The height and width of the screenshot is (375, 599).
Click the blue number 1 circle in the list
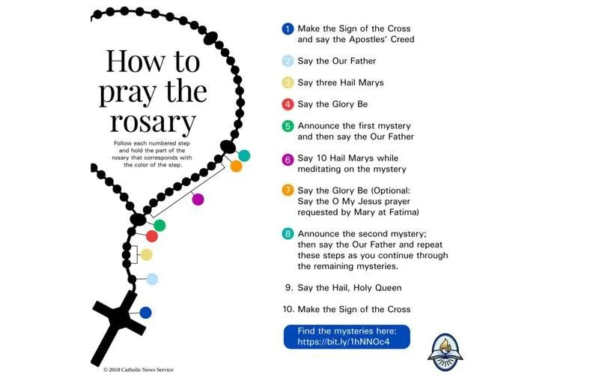click(x=287, y=29)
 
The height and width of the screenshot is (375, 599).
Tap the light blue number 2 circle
click(x=287, y=61)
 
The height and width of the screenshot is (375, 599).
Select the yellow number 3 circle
click(x=287, y=82)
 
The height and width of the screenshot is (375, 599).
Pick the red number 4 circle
click(x=287, y=104)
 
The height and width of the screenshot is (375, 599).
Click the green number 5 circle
click(x=287, y=127)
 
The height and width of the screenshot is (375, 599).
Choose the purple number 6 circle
click(x=287, y=159)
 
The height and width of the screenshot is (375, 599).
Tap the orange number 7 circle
click(x=287, y=190)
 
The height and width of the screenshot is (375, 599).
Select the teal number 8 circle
click(x=287, y=233)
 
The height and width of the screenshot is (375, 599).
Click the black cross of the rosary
click(x=117, y=322)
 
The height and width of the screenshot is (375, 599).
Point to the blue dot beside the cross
click(x=145, y=312)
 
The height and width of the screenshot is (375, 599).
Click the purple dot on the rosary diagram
click(x=198, y=199)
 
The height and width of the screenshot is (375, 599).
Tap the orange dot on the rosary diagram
click(x=236, y=166)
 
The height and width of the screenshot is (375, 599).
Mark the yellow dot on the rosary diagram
click(x=146, y=254)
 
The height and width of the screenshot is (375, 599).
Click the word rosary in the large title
click(x=153, y=121)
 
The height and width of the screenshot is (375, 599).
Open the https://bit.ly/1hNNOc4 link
click(x=346, y=341)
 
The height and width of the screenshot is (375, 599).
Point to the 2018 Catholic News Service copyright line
click(x=139, y=369)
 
